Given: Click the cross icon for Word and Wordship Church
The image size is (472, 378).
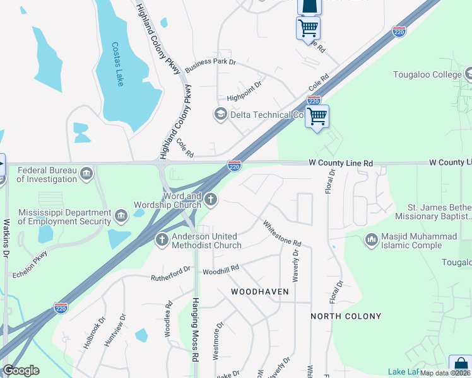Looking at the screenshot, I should coord(211,200).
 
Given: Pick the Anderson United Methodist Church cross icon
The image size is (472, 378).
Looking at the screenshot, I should coord(162,239).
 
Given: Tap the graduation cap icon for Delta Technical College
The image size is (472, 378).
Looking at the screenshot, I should coord(220,114).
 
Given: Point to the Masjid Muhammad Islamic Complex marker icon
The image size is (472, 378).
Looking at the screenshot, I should coord(371,239).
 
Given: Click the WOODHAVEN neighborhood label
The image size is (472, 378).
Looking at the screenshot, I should coord(259,292).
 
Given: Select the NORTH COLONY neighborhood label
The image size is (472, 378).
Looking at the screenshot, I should coord(346,316).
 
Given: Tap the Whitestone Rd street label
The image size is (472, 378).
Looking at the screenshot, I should coord(282,233).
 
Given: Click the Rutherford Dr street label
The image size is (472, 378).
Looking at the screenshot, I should coord(170,273).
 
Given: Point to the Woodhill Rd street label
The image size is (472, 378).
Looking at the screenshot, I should coord(220,269).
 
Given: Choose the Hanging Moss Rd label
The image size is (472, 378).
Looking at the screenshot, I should coord(196,328).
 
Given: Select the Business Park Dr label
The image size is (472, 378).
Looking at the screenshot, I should coord(210,62).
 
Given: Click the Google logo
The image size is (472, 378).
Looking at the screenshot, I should coord(21,370).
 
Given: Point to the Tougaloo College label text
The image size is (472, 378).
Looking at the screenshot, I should coord(428,75).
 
